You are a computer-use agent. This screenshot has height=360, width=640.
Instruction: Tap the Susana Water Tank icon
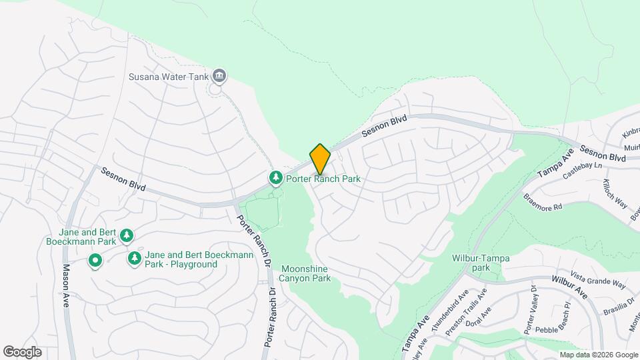[219, 77]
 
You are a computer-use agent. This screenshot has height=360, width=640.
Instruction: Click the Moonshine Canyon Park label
[304, 273]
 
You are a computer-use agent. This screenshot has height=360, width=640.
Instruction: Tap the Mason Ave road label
[66, 284]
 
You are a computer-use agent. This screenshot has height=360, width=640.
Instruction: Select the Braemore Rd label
[543, 202]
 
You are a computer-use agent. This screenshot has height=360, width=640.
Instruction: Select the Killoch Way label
[615, 193]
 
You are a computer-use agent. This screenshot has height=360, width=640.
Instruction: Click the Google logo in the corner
[23, 352]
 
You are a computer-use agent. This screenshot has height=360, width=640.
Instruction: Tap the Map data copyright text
[598, 355]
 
